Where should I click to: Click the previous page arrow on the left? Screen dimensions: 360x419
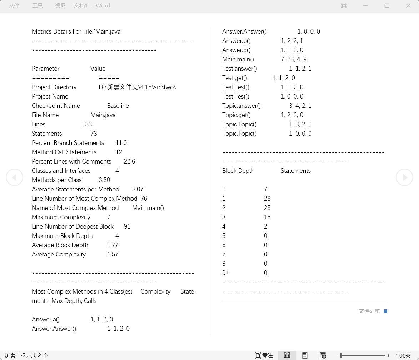tap(14, 177)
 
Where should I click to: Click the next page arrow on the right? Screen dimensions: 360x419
tap(404, 177)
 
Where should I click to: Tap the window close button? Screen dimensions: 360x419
tap(408, 6)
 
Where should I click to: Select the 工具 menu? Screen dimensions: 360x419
tap(38, 6)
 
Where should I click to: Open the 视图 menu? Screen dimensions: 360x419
tap(60, 6)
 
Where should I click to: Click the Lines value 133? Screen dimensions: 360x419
tap(87, 124)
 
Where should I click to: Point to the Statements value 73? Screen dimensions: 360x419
tap(94, 134)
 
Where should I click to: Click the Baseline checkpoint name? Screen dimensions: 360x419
tap(118, 106)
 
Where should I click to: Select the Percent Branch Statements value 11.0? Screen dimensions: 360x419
tap(121, 143)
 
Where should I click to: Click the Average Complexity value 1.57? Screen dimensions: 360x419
tap(113, 254)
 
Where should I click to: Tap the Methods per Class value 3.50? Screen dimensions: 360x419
tap(104, 180)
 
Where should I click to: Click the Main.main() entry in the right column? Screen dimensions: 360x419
tap(238, 59)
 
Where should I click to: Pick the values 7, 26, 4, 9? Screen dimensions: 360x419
tap(294, 59)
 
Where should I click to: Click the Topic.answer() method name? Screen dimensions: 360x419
tap(241, 106)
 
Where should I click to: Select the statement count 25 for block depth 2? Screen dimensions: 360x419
tap(267, 208)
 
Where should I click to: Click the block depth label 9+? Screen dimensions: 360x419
tap(226, 273)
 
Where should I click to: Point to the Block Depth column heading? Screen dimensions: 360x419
tap(238, 171)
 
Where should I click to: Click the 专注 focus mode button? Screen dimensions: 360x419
tap(264, 355)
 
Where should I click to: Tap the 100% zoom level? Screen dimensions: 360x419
tap(403, 355)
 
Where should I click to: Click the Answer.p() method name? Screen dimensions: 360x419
tap(236, 41)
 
